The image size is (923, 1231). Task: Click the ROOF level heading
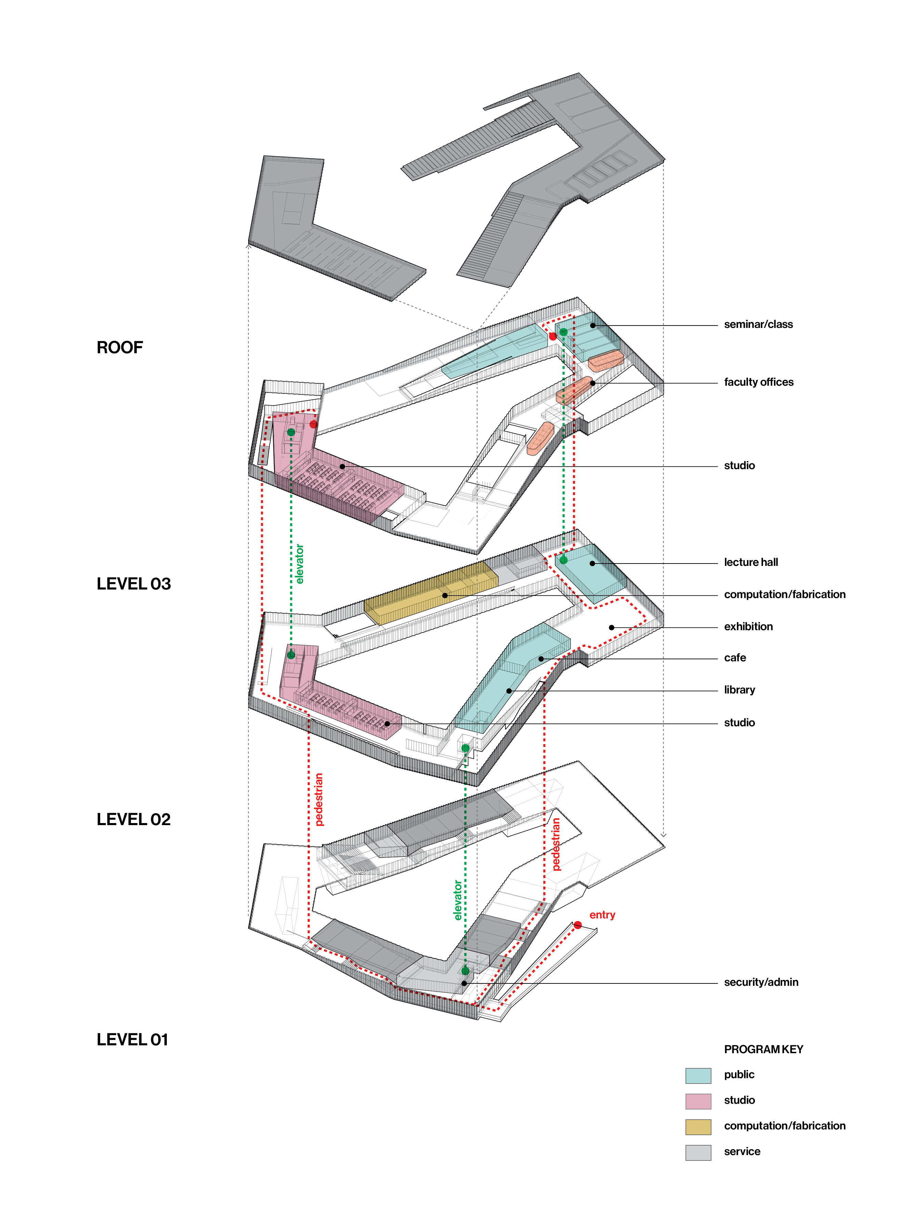point(120,347)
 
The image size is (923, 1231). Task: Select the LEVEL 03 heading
point(134,584)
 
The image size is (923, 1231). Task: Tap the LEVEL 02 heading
point(134,819)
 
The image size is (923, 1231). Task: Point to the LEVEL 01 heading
point(132,1040)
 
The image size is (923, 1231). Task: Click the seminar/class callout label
point(758,325)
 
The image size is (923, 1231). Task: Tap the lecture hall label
point(750,562)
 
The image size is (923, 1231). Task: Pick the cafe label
point(734,658)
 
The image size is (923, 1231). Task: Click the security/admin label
point(761,982)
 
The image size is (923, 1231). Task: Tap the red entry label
point(602,915)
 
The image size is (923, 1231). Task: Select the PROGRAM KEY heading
point(763,1049)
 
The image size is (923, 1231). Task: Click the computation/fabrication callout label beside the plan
point(785,594)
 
